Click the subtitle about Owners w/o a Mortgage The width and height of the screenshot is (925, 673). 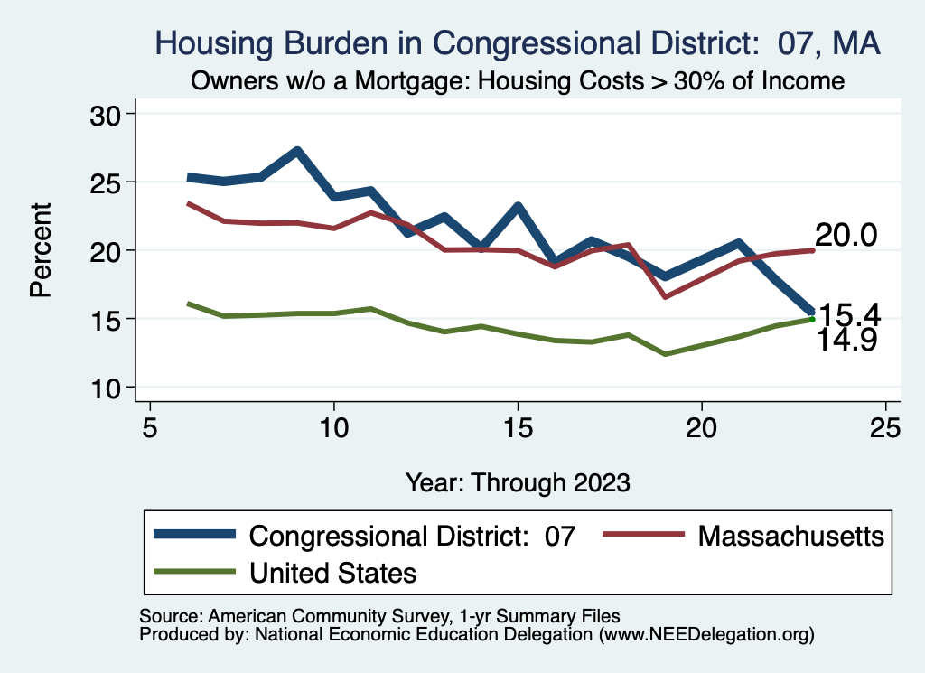pos(517,81)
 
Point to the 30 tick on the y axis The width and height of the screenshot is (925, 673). pos(112,114)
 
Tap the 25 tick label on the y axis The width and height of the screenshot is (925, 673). pos(112,182)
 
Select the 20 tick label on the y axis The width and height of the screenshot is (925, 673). pos(112,250)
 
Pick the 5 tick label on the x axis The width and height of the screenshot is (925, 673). pos(150,427)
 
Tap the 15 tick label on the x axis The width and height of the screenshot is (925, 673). pos(518,427)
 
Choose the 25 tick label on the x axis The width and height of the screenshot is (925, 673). pos(885,427)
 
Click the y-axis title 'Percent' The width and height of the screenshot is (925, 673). pos(40,250)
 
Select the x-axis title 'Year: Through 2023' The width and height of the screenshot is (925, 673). pos(518,481)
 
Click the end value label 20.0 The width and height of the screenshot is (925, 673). pos(846,236)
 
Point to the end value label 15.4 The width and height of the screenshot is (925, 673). pos(850,314)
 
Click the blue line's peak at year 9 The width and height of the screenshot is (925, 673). pos(297,151)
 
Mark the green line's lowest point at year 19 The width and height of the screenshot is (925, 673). pos(665,354)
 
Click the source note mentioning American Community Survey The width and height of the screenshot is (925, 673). pos(379,616)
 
